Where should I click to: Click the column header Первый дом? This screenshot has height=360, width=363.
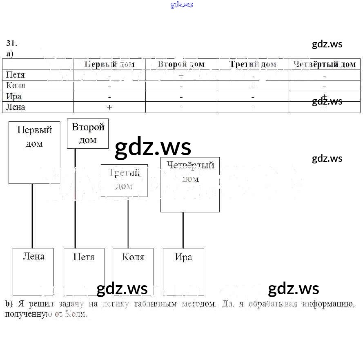click(109, 64)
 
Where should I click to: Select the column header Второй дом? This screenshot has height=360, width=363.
click(181, 64)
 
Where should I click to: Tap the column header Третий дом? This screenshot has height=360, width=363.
click(253, 64)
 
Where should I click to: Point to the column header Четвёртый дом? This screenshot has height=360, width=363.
click(325, 64)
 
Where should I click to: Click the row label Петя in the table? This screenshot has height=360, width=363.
click(16, 75)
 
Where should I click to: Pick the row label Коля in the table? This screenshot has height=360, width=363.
click(16, 85)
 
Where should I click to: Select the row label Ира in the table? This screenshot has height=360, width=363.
click(14, 96)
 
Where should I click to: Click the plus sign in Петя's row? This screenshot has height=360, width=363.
click(181, 75)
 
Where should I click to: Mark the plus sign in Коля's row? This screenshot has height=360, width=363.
click(253, 86)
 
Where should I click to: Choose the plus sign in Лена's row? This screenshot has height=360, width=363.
click(109, 107)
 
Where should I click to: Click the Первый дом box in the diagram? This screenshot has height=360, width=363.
click(34, 152)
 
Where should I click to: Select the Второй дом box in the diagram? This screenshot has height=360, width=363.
click(88, 134)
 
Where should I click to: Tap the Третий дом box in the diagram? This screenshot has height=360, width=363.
click(124, 180)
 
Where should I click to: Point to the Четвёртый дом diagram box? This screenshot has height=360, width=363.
click(190, 185)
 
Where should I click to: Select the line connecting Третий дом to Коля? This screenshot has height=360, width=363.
click(128, 223)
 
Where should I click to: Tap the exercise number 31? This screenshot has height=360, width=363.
click(11, 44)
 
